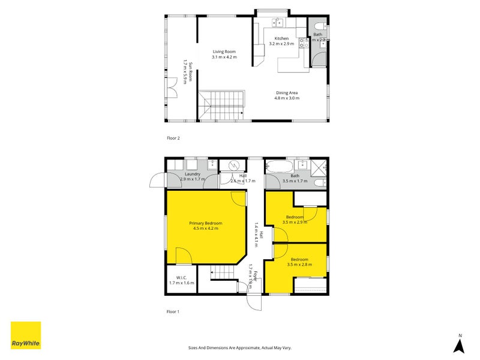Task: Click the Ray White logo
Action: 26,335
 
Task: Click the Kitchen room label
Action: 281,38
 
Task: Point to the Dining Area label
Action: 287,93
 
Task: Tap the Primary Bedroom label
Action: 206,221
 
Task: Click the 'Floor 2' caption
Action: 173,138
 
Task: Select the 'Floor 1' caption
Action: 173,311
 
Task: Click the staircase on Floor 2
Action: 222,106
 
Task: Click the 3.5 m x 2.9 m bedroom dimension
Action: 295,222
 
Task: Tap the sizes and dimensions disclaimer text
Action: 240,347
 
